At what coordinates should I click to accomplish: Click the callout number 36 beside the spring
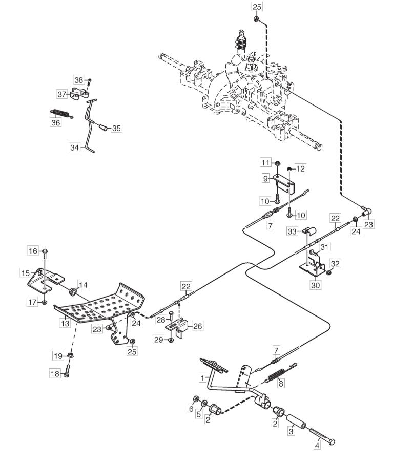click(55, 122)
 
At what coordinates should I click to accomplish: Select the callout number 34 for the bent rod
click(75, 147)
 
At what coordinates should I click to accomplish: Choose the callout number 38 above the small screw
click(78, 80)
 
